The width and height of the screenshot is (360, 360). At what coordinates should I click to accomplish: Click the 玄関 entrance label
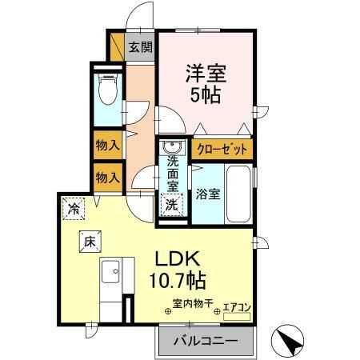click(x=142, y=47)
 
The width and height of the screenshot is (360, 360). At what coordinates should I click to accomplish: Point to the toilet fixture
click(x=106, y=90)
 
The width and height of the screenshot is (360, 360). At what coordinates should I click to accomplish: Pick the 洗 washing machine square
click(x=172, y=204)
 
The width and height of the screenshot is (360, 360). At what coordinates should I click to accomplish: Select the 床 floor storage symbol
click(x=86, y=239)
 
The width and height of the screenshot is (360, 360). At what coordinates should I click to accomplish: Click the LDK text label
click(x=178, y=260)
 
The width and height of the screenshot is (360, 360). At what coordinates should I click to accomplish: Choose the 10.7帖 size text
click(x=178, y=282)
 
